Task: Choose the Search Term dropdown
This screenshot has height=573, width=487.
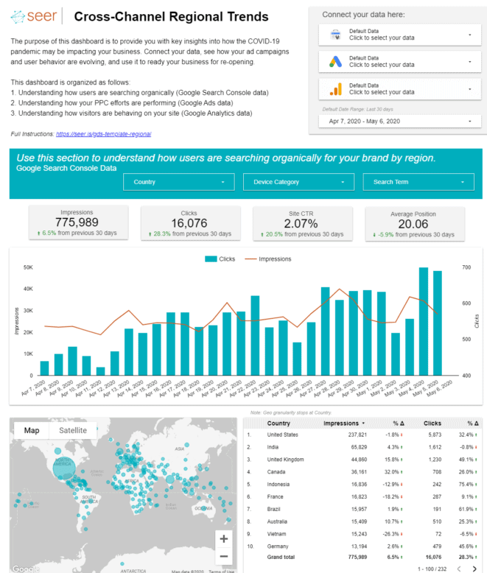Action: click(418, 182)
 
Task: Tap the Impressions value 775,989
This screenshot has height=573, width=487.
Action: click(77, 222)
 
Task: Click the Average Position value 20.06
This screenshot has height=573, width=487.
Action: click(414, 222)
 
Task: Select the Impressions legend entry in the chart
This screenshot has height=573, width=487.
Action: click(270, 259)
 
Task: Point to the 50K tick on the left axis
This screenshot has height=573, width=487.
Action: click(29, 267)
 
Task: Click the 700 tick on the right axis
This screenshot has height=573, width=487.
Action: click(467, 267)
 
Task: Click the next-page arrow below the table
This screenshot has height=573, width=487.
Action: click(474, 569)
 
